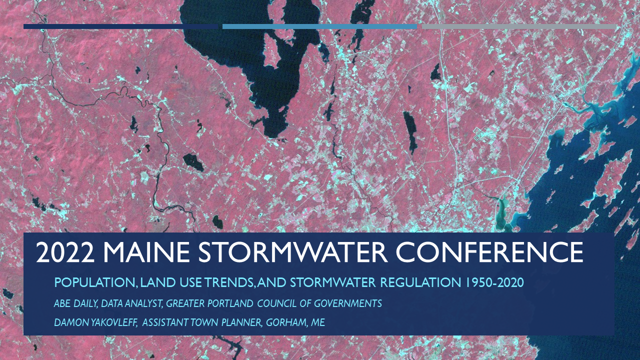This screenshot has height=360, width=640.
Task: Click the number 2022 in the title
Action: (x=65, y=253)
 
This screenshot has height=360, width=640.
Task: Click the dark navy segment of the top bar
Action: (x=122, y=26)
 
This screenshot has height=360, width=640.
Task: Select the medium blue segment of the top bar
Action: (x=319, y=26)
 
